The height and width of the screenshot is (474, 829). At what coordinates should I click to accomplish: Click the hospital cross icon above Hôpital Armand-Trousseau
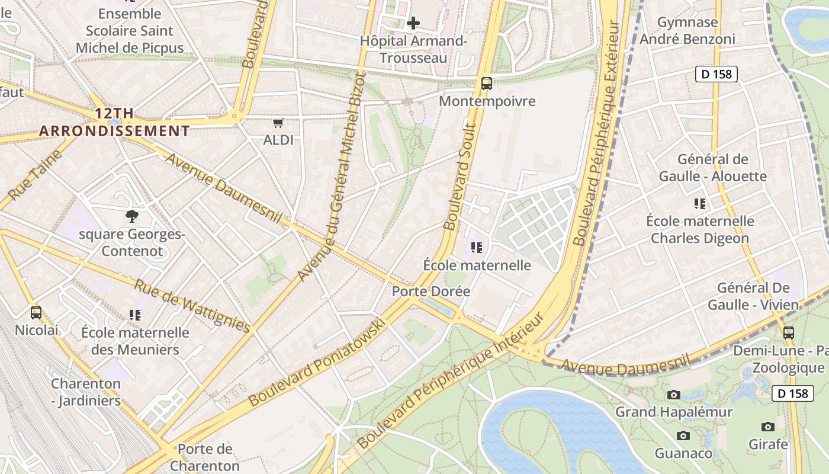click(x=413, y=23)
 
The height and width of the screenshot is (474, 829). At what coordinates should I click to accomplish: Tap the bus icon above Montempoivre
click(x=487, y=84)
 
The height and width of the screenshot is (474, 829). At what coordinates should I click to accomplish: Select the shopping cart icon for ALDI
click(x=278, y=123)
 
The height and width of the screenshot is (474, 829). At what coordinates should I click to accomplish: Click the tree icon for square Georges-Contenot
click(x=132, y=217)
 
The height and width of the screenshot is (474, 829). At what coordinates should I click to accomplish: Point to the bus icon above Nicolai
click(x=36, y=312)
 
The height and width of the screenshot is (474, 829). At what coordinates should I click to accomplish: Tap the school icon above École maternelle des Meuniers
click(x=135, y=315)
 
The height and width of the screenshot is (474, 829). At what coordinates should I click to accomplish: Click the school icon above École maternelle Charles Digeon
click(x=700, y=204)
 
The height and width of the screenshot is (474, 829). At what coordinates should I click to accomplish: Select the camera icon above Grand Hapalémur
click(x=673, y=395)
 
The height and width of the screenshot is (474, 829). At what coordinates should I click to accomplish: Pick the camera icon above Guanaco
click(x=683, y=436)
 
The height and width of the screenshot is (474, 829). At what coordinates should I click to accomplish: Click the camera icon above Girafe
click(x=768, y=427)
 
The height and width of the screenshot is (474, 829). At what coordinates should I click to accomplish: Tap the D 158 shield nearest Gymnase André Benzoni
click(x=716, y=74)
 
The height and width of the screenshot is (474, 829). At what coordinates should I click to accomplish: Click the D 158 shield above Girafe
click(x=793, y=393)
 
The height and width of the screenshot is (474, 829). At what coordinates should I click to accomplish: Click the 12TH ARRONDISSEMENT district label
click(x=115, y=122)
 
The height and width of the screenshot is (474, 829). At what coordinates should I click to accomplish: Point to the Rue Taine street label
click(x=36, y=175)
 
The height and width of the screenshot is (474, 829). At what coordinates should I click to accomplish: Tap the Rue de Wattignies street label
click(x=192, y=305)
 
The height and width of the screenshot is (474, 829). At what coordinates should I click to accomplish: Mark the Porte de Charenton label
click(x=205, y=457)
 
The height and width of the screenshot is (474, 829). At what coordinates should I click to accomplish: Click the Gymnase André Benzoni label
click(x=688, y=31)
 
